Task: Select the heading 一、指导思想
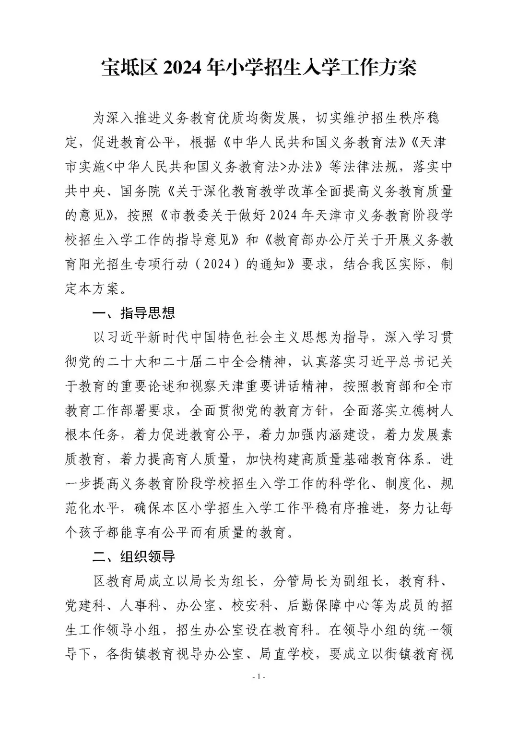134,313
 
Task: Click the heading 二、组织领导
134,557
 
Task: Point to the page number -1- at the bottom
259,677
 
